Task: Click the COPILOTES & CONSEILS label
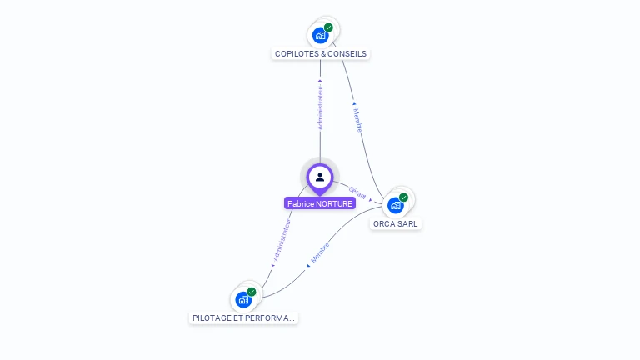pyautogui.click(x=320, y=54)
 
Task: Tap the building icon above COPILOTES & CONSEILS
pyautogui.click(x=320, y=36)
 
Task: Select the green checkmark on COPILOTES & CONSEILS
pyautogui.click(x=328, y=27)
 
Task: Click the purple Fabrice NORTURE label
pyautogui.click(x=320, y=203)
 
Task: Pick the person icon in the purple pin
pyautogui.click(x=320, y=177)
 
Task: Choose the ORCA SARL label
pyautogui.click(x=396, y=223)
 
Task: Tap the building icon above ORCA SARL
pyautogui.click(x=396, y=205)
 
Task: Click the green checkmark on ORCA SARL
pyautogui.click(x=403, y=197)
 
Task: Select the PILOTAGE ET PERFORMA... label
pyautogui.click(x=243, y=318)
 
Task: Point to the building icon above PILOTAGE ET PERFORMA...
pyautogui.click(x=243, y=300)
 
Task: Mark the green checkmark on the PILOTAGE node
pyautogui.click(x=252, y=292)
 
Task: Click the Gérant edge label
pyautogui.click(x=357, y=192)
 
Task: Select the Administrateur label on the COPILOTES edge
pyautogui.click(x=320, y=107)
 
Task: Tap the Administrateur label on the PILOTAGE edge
pyautogui.click(x=282, y=240)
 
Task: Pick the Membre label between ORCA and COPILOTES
pyautogui.click(x=357, y=120)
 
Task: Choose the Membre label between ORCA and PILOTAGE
pyautogui.click(x=320, y=252)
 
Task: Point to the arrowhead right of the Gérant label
pyautogui.click(x=371, y=200)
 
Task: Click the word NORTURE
pyautogui.click(x=333, y=203)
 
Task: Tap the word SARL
pyautogui.click(x=407, y=223)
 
